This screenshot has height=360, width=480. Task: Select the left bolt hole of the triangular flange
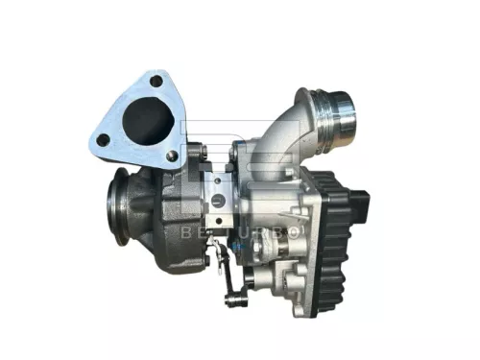(x=104, y=140)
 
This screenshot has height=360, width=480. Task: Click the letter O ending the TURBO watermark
(x=295, y=233)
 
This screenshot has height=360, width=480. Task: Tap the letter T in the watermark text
(x=229, y=233)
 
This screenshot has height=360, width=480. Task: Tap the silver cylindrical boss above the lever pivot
(x=249, y=281)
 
